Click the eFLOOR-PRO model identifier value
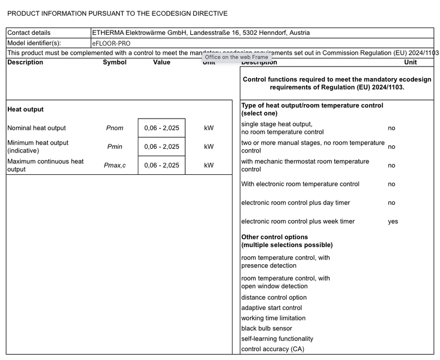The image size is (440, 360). (111, 44)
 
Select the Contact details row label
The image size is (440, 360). (29, 33)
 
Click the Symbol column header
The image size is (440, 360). (114, 62)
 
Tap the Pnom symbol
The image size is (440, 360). (114, 128)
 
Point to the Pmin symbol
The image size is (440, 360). (114, 147)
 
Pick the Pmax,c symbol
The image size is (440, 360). (114, 165)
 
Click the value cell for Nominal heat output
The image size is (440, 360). (161, 128)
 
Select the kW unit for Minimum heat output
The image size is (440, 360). (209, 147)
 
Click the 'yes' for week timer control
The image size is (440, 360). (393, 222)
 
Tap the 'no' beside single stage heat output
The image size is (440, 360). (391, 128)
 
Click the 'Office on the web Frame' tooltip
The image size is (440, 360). (237, 57)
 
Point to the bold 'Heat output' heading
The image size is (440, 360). (25, 110)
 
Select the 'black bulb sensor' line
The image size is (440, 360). (266, 329)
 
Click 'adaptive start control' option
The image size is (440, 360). (271, 308)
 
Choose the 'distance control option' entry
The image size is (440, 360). (274, 298)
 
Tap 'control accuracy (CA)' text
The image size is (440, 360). (273, 349)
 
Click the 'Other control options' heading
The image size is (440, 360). (275, 237)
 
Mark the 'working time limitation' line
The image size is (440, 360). (273, 318)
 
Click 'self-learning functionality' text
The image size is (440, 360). (277, 339)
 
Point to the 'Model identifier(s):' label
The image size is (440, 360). (34, 44)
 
